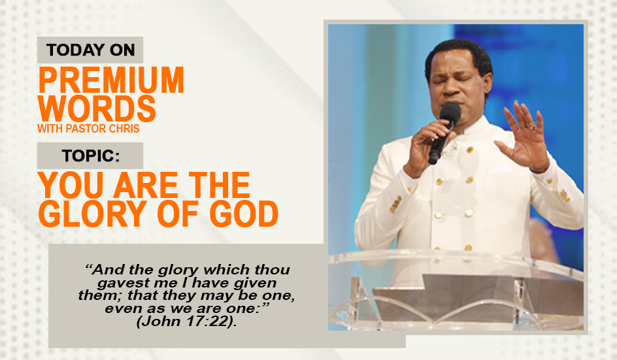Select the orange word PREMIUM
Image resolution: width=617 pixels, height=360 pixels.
tap(111, 80)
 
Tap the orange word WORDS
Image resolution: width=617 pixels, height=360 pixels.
tap(97, 108)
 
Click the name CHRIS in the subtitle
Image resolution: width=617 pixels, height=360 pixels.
tap(124, 129)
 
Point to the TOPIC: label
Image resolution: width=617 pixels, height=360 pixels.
tap(91, 155)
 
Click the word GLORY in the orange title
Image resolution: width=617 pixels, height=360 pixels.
tap(93, 214)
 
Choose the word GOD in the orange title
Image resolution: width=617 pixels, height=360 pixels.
tap(244, 214)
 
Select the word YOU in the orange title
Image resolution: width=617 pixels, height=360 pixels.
tap(71, 185)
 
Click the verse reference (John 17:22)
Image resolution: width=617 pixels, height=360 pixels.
tap(187, 321)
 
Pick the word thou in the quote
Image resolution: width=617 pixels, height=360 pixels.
tap(273, 269)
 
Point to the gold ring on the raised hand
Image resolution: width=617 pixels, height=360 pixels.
tap(531, 126)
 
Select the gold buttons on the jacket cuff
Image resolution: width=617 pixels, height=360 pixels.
tap(396, 204)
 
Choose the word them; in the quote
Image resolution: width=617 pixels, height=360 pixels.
tap(101, 295)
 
